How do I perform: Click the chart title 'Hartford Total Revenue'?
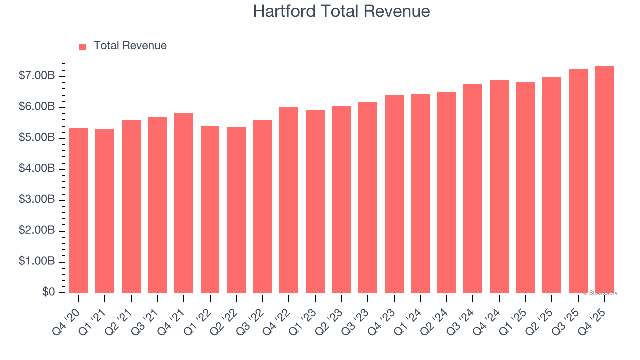click(x=341, y=11)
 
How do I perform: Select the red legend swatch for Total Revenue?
click(x=83, y=46)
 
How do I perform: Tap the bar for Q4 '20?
click(x=79, y=210)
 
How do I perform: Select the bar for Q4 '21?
click(x=184, y=203)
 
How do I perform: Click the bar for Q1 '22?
click(x=210, y=209)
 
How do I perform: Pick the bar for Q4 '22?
click(x=289, y=200)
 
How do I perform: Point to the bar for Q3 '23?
click(x=368, y=197)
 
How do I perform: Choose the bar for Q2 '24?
click(x=446, y=192)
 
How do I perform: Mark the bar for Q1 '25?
click(x=525, y=187)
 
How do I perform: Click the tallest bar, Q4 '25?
click(x=604, y=179)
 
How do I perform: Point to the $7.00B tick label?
click(x=36, y=76)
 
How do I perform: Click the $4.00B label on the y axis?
click(x=36, y=169)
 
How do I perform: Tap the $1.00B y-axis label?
click(x=36, y=262)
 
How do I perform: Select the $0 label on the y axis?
click(x=49, y=292)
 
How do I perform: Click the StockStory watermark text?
click(x=600, y=293)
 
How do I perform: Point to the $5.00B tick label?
click(x=36, y=138)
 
